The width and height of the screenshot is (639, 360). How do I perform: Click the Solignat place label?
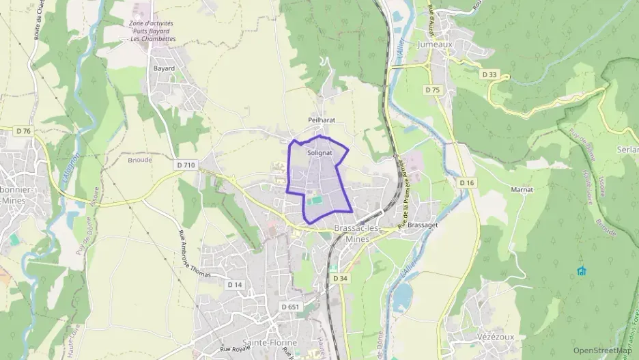tap(319, 153)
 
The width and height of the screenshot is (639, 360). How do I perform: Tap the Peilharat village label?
tap(321, 120)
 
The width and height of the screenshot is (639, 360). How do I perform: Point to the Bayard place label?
tap(164, 68)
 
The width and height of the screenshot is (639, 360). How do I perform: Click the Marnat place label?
tap(522, 189)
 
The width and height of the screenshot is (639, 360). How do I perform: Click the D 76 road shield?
tap(23, 130)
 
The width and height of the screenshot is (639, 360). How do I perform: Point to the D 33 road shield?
tap(489, 74)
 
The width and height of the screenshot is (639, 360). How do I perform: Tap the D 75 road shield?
tap(431, 89)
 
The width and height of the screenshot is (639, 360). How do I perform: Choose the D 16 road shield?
tap(467, 182)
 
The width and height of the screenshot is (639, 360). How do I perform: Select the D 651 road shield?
tap(290, 307)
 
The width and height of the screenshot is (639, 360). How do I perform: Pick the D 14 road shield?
tap(235, 284)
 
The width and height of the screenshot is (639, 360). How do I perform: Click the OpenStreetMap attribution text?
tap(602, 350)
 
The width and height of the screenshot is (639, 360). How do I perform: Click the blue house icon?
tap(581, 271)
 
